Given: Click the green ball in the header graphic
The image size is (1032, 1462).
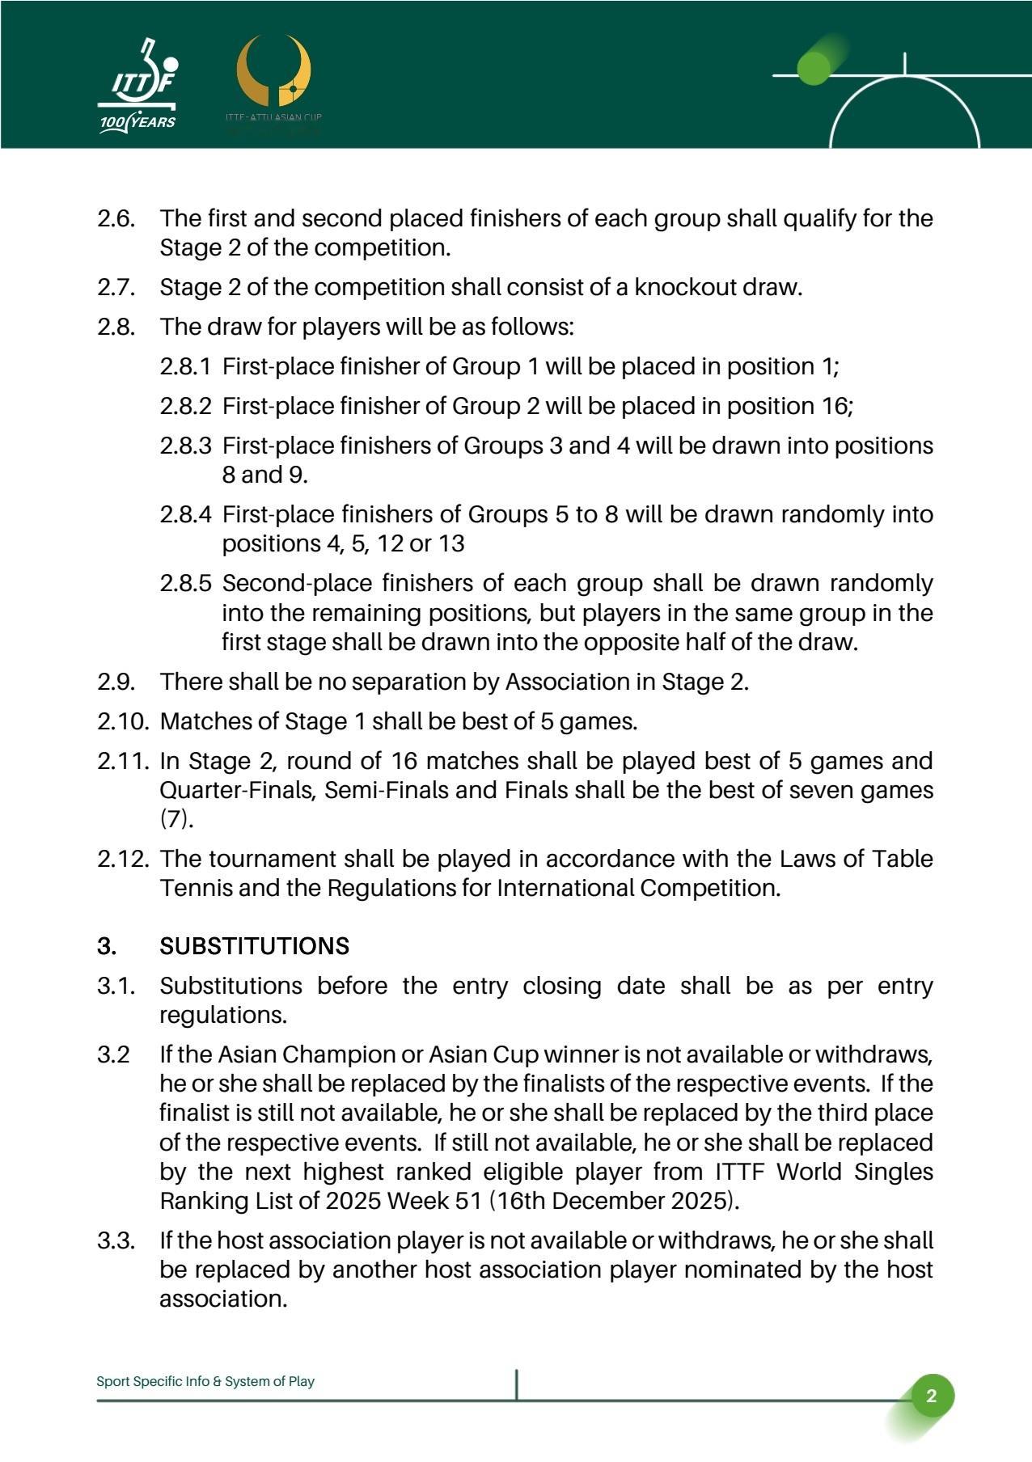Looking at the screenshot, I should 814,68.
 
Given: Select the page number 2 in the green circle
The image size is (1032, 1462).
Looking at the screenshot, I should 931,1396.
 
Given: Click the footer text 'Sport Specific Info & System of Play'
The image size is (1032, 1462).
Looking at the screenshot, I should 205,1381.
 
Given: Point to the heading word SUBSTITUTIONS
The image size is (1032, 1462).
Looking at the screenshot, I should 255,946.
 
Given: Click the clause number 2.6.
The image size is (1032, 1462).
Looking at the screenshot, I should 116,218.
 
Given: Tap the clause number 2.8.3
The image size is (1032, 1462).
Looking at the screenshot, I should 185,446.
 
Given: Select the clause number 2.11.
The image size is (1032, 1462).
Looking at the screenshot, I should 124,761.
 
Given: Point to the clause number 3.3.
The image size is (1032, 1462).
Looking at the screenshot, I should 116,1240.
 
